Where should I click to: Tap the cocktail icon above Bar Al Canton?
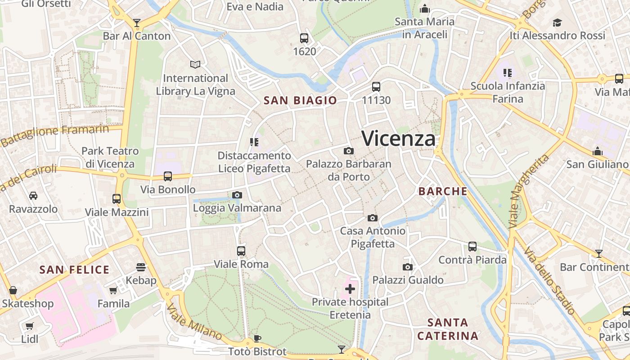pyautogui.click(x=137, y=22)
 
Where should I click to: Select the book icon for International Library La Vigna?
pyautogui.click(x=195, y=65)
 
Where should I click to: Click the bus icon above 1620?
pyautogui.click(x=304, y=38)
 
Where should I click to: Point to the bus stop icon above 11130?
pyautogui.click(x=376, y=87)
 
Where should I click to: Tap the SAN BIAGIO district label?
pyautogui.click(x=300, y=100)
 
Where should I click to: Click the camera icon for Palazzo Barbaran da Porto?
pyautogui.click(x=348, y=151)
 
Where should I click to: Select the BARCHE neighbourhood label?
pyautogui.click(x=443, y=191)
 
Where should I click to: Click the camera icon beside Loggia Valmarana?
pyautogui.click(x=237, y=195)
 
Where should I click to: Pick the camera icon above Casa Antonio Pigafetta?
pyautogui.click(x=373, y=218)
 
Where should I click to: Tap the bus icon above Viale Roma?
pyautogui.click(x=241, y=251)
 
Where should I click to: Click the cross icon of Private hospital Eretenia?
pyautogui.click(x=350, y=288)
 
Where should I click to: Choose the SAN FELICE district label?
pyautogui.click(x=75, y=270)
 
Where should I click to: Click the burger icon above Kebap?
pyautogui.click(x=141, y=267)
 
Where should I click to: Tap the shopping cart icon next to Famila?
pyautogui.click(x=113, y=290)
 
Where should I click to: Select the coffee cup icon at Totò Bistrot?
pyautogui.click(x=257, y=338)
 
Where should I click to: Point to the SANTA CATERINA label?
pyautogui.click(x=448, y=329)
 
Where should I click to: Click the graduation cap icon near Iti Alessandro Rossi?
pyautogui.click(x=558, y=22)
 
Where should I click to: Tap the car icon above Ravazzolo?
pyautogui.click(x=33, y=196)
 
